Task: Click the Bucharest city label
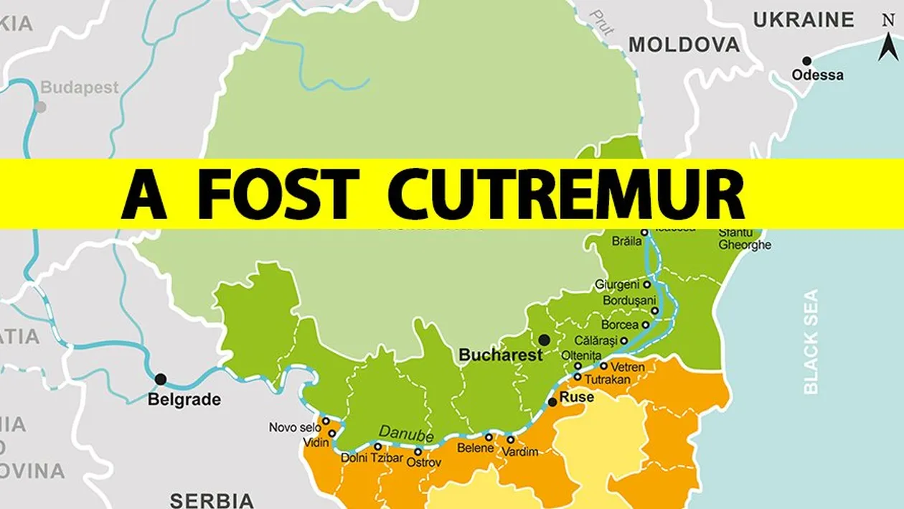pos(501,355)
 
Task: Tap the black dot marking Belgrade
pos(161,379)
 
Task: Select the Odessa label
pos(817,75)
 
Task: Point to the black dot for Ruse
pos(552,402)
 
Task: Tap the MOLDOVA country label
pos(684,45)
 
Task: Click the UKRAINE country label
pos(804,20)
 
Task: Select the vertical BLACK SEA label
pos(811,342)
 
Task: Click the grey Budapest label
pos(79,88)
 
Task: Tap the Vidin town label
pos(316,443)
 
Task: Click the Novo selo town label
pos(295,428)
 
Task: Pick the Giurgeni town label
pos(617,284)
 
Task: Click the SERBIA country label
pos(212,500)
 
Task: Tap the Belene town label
pos(476,448)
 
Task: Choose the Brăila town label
pos(626,241)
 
